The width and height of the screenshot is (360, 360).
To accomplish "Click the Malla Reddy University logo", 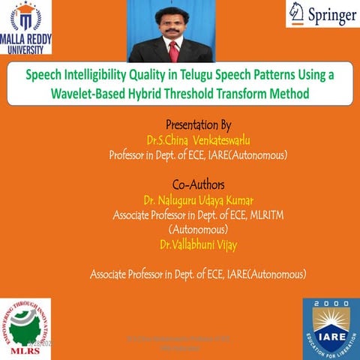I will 27,27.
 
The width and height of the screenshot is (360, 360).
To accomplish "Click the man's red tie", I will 174,51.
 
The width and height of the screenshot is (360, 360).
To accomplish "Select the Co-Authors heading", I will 198,184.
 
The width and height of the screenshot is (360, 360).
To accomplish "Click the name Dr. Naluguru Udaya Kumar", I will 198,200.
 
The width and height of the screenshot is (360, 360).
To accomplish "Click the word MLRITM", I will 262,215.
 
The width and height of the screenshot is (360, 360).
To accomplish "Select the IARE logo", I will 330,328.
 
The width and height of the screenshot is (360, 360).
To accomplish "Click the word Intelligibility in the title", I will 105,76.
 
